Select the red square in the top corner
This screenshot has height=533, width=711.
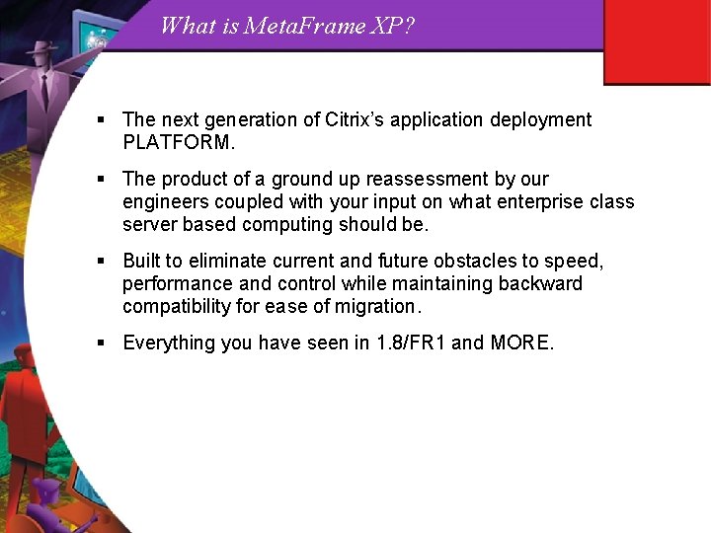[657, 42]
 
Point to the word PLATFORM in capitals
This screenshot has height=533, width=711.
[178, 142]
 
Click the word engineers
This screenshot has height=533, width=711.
[163, 201]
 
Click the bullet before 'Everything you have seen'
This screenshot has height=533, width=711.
[102, 343]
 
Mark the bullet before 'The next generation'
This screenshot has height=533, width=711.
[102, 120]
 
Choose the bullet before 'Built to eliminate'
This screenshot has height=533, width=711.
[102, 262]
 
